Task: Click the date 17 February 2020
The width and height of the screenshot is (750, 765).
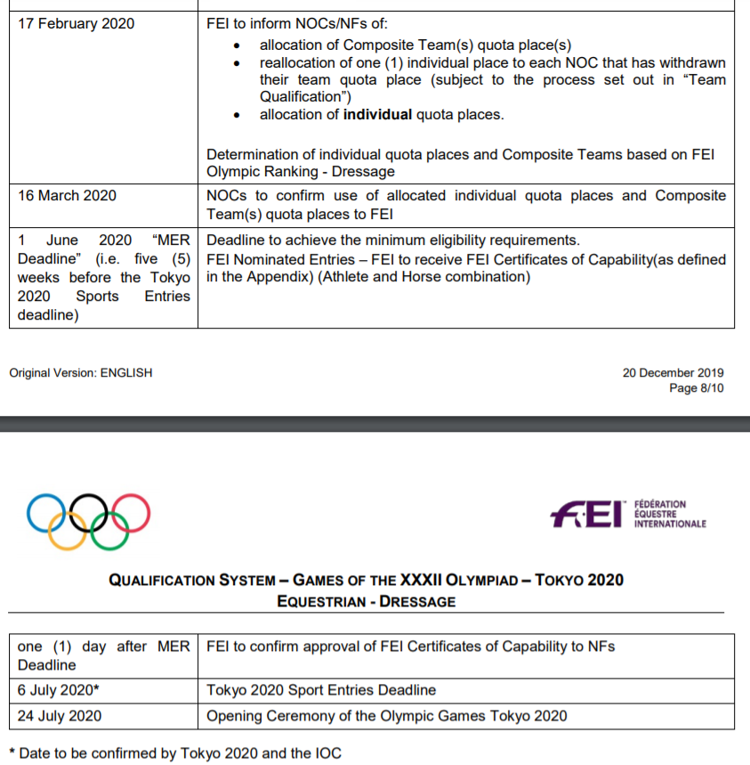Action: pyautogui.click(x=77, y=24)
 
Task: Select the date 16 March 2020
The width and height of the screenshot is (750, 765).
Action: pyautogui.click(x=67, y=196)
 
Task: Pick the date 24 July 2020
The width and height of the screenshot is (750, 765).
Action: pyautogui.click(x=60, y=716)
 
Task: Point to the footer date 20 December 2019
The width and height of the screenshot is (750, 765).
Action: pyautogui.click(x=673, y=373)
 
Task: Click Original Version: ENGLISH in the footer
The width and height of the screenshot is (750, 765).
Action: pyautogui.click(x=81, y=373)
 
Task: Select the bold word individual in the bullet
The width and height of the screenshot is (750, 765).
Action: pyautogui.click(x=378, y=114)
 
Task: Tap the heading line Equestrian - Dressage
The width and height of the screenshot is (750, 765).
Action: pyautogui.click(x=366, y=601)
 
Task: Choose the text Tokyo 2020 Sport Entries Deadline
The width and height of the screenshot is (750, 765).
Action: pyautogui.click(x=321, y=690)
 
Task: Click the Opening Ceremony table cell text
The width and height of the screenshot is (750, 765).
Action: pyautogui.click(x=386, y=716)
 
